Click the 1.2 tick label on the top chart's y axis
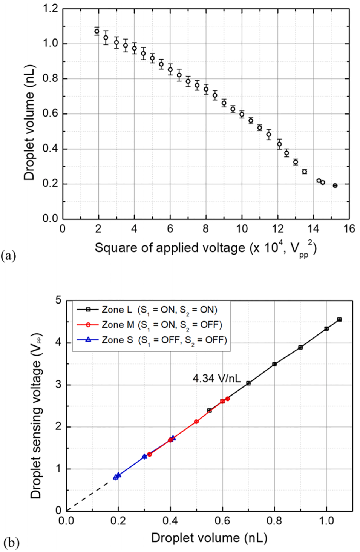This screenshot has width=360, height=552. (50, 9)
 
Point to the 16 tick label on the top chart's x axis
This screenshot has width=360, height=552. (349, 229)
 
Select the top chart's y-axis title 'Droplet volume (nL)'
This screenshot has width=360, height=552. (29, 123)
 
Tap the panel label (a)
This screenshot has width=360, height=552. (9, 255)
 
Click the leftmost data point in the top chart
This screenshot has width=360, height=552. (97, 31)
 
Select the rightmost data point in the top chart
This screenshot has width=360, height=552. (335, 186)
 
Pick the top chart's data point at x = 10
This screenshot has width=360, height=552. (242, 114)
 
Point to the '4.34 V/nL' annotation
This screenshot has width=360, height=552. (216, 378)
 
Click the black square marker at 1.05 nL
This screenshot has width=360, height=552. (339, 320)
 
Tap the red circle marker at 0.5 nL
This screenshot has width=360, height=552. (196, 422)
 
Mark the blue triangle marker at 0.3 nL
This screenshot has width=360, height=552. (144, 457)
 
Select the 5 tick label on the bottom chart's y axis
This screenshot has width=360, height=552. (58, 301)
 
